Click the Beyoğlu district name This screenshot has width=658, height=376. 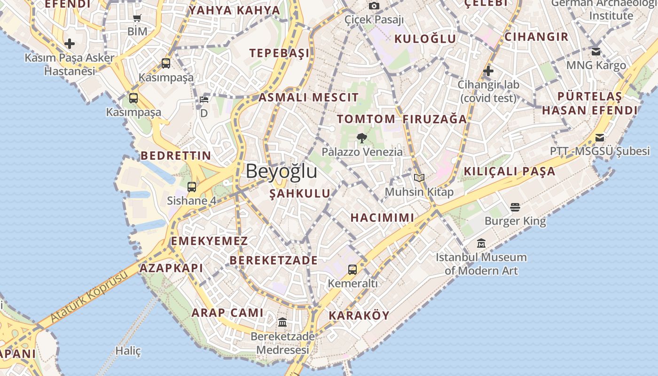coord(281,171)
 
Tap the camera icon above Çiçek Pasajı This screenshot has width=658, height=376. coord(374,6)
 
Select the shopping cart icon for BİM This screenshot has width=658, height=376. coord(137,18)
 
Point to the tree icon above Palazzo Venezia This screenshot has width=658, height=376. coord(362,138)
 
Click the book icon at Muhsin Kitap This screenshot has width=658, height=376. coord(419,178)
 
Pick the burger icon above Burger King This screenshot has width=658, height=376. coord(515,207)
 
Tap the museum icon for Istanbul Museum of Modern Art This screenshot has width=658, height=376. coord(481,243)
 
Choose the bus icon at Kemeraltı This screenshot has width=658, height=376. coord(352,269)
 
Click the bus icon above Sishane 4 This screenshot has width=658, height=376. coord(192,187)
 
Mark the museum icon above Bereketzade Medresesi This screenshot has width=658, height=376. coord(282,322)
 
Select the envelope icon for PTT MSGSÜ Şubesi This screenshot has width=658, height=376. coord(600,137)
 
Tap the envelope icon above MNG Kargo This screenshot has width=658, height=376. coord(596,51)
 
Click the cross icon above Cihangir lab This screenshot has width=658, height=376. coord(488,71)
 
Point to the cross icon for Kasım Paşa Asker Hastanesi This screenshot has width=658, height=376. coord(70,44)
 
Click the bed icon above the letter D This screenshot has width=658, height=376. coord(204,100)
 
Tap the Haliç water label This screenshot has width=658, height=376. coord(128,351)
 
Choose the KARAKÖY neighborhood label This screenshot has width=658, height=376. coord(359,315)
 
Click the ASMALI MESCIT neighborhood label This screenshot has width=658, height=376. coord(308,98)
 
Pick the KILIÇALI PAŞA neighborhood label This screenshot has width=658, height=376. coord(509,172)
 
